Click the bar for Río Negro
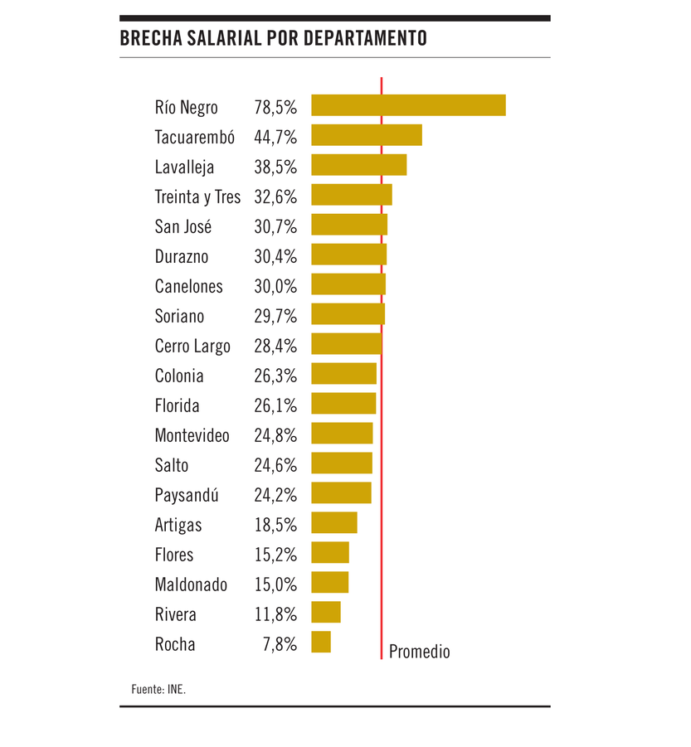(408, 105)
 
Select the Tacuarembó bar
(367, 135)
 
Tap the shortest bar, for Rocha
(321, 642)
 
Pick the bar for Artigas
(334, 522)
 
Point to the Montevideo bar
(342, 433)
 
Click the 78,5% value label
(275, 107)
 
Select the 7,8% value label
(280, 644)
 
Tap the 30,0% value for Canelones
(275, 286)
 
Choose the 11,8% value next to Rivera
(275, 614)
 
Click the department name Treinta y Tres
(197, 197)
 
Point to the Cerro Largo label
(192, 347)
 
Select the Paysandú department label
(187, 496)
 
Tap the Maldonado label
(191, 585)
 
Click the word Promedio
(419, 652)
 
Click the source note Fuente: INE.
(158, 688)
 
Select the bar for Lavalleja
(359, 165)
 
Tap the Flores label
(173, 555)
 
